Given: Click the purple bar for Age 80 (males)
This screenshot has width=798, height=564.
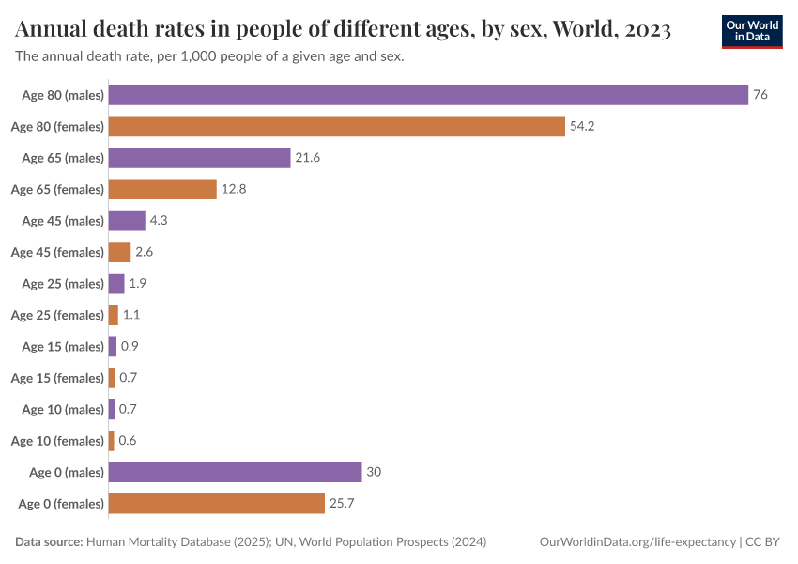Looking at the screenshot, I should click(x=428, y=95).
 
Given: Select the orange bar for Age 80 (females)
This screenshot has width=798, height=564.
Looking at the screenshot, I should click(x=337, y=126).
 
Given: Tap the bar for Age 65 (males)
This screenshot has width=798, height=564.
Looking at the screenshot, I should click(x=199, y=158).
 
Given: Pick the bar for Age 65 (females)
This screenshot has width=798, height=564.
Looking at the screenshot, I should click(x=162, y=189).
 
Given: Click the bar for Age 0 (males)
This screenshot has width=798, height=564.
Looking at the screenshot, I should click(x=235, y=472).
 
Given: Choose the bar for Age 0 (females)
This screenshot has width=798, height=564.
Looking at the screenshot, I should click(x=216, y=503).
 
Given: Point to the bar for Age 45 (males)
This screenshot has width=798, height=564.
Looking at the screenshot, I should click(x=127, y=221).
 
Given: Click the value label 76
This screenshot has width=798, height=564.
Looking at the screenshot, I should click(x=760, y=95).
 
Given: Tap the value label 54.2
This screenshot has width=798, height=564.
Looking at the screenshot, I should click(x=582, y=126).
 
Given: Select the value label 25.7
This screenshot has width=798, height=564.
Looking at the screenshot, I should click(x=341, y=503).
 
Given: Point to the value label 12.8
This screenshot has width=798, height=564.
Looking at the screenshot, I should click(x=233, y=189).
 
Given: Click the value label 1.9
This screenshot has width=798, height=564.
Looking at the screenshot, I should click(x=137, y=283).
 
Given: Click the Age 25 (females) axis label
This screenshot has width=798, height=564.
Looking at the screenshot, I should click(x=57, y=315).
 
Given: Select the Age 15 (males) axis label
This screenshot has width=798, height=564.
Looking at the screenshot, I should click(x=63, y=346).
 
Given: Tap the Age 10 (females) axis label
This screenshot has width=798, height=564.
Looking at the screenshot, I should click(x=57, y=440).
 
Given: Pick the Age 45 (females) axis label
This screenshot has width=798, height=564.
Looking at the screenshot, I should click(x=57, y=252).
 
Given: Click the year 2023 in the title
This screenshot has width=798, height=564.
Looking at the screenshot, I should click(x=646, y=30).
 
